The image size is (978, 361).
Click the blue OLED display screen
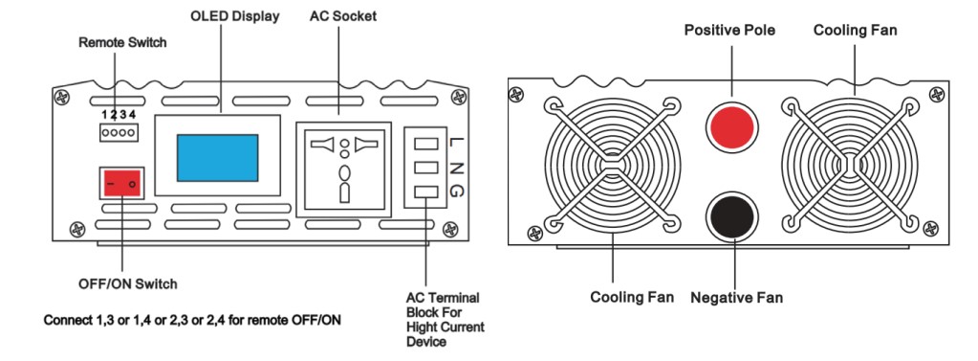pos(217,157)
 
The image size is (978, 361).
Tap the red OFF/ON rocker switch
pos(122,183)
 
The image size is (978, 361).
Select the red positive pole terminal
pos(731,128)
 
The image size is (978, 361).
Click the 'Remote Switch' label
pos(122,43)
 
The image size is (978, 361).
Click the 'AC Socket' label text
pos(343,16)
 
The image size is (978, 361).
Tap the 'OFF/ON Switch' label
pos(128,284)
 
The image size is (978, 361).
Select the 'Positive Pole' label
pos(729,30)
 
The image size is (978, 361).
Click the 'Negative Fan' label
pos(736,298)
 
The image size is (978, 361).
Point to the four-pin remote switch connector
pos(119,132)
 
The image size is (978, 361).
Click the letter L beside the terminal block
pos(454,142)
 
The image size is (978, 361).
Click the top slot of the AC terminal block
pos(425,143)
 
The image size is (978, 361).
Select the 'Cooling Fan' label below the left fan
pos(632,297)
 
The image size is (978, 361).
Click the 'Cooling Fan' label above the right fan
pos(855,30)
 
